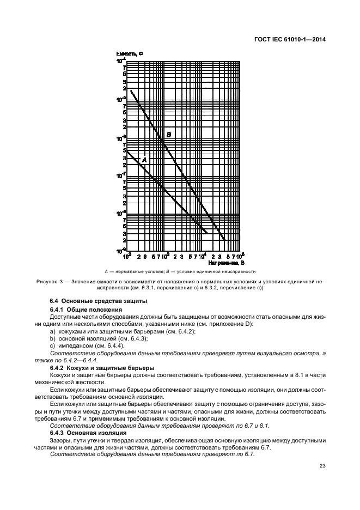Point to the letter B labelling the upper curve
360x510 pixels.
pyautogui.click(x=169, y=135)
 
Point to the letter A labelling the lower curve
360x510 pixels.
pyautogui.click(x=144, y=160)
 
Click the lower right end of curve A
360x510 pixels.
pyautogui.click(x=208, y=233)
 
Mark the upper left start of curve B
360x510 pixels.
pyautogui.click(x=131, y=90)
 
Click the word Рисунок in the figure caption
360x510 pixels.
pyautogui.click(x=48, y=282)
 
